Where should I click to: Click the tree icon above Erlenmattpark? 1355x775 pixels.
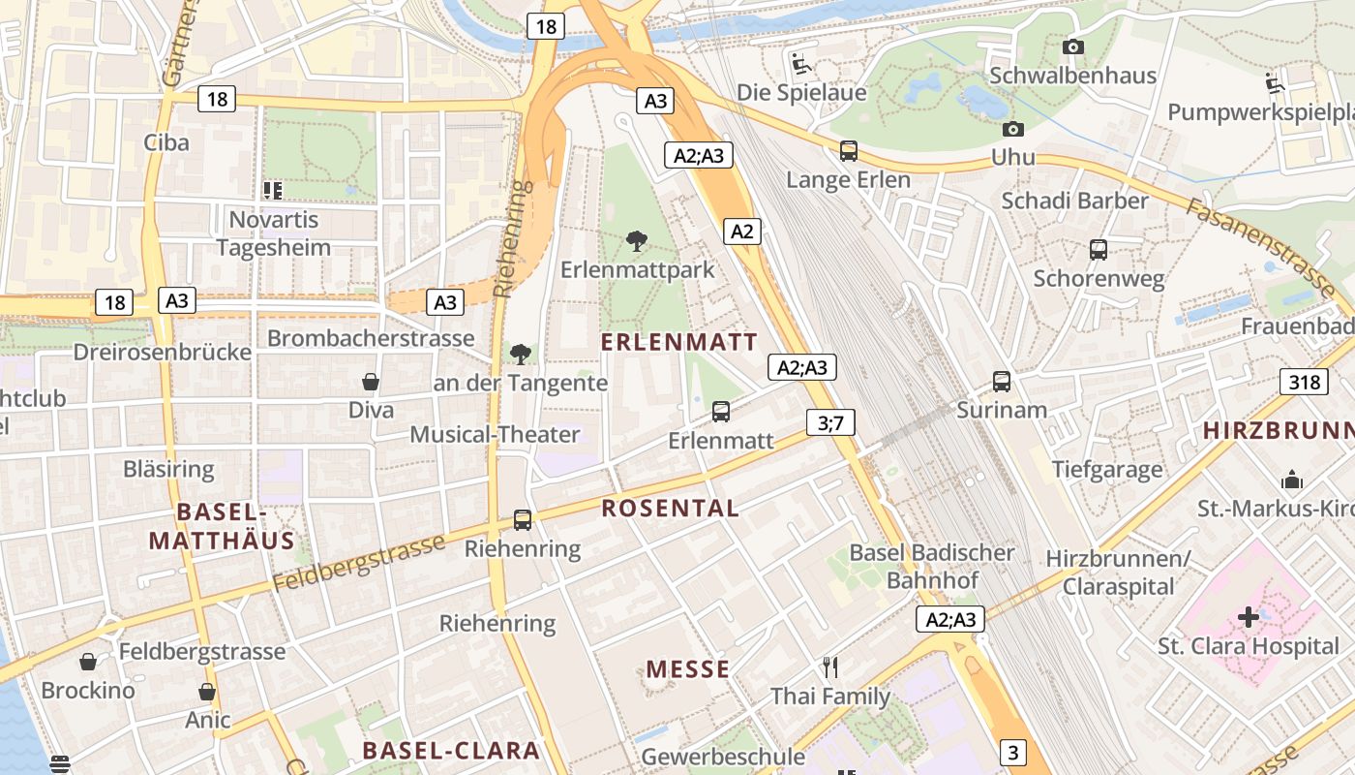click(636, 240)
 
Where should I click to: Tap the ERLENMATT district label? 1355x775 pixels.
click(678, 342)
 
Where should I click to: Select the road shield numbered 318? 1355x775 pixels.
click(1304, 382)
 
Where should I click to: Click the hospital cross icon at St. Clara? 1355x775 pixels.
click(1249, 616)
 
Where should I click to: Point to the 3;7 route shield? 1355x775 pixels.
click(830, 422)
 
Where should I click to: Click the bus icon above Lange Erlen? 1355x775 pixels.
click(848, 150)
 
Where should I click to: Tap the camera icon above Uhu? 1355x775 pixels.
click(1012, 128)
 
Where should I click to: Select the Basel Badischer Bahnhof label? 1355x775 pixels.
click(932, 567)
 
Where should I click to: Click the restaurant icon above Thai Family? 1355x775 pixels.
click(829, 666)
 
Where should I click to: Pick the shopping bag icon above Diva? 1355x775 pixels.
click(371, 382)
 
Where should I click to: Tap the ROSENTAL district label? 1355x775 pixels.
click(670, 508)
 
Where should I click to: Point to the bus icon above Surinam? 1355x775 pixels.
click(1002, 381)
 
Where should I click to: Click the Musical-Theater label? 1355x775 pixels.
click(495, 434)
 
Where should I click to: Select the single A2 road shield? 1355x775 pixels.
click(741, 232)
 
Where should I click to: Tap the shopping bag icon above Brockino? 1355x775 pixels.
click(88, 662)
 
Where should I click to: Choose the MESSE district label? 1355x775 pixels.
click(687, 669)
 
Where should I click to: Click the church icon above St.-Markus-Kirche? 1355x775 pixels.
click(1291, 480)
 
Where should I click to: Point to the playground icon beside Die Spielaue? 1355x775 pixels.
click(801, 64)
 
